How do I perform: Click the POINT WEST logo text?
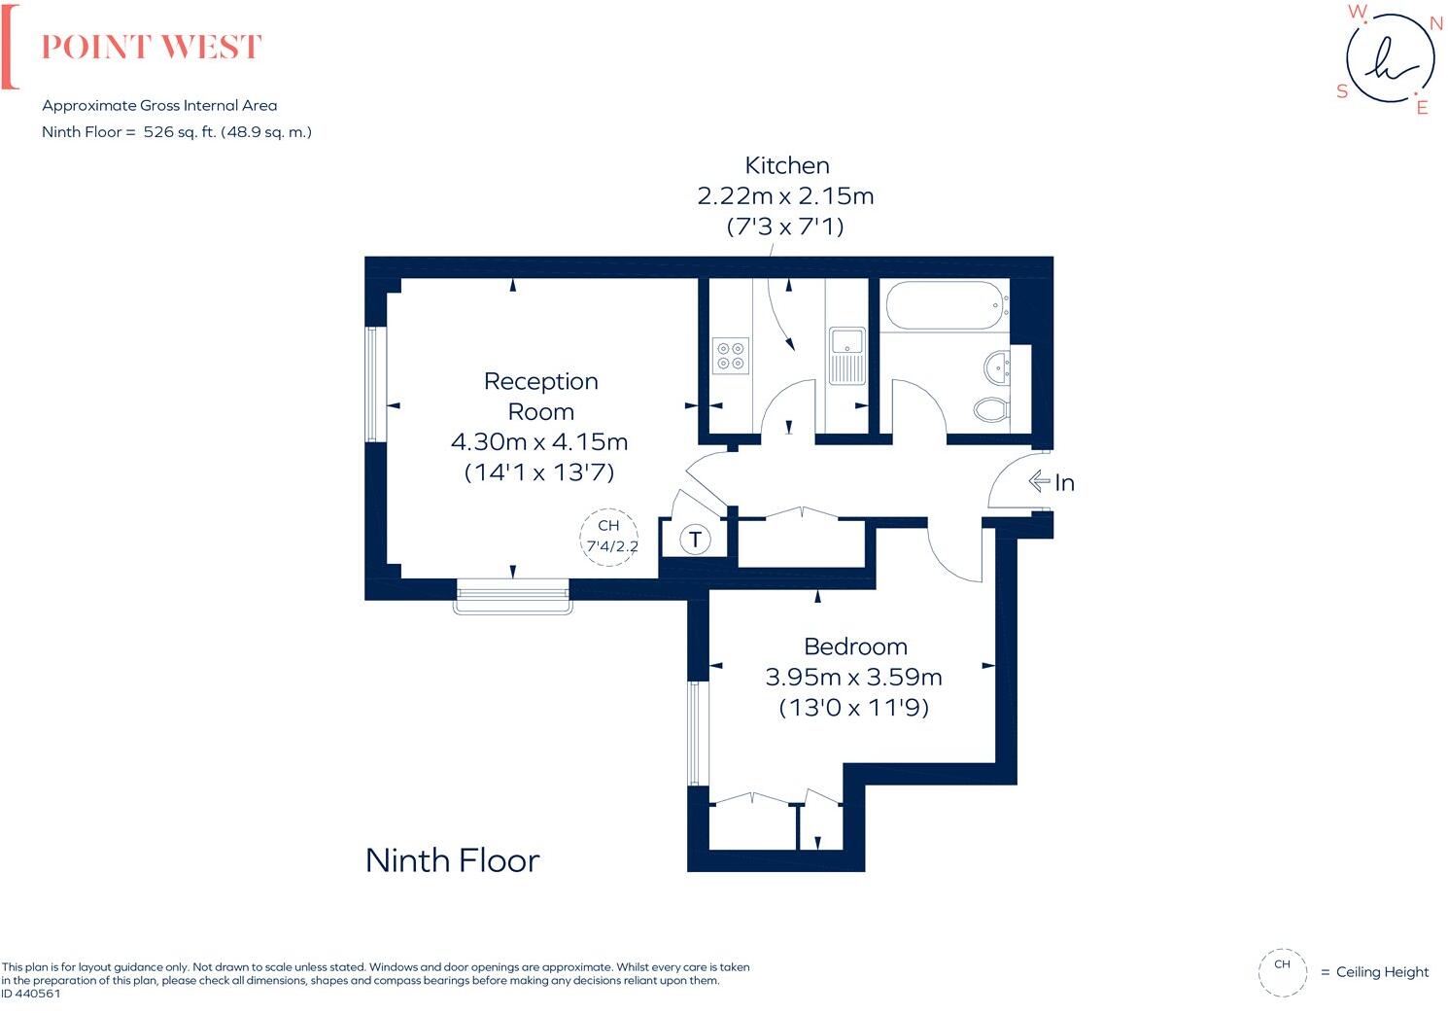click(152, 48)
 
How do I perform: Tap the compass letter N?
click(1435, 24)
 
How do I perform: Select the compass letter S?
click(1342, 91)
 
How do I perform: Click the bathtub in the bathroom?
click(944, 305)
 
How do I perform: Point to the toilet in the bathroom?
click(991, 409)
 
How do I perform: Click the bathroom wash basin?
click(997, 367)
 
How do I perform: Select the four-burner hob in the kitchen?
click(731, 355)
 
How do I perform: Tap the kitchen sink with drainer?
click(846, 355)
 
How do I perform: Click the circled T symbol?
click(695, 540)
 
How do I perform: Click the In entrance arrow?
click(1051, 482)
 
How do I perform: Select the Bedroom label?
click(855, 646)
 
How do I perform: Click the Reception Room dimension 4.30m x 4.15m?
click(539, 441)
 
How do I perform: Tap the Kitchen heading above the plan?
click(786, 165)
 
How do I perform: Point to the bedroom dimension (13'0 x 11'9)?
click(853, 708)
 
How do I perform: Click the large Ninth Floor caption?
click(452, 860)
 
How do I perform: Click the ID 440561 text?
click(31, 994)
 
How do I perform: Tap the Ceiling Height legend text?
click(1382, 972)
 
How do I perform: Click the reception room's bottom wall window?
click(513, 595)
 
